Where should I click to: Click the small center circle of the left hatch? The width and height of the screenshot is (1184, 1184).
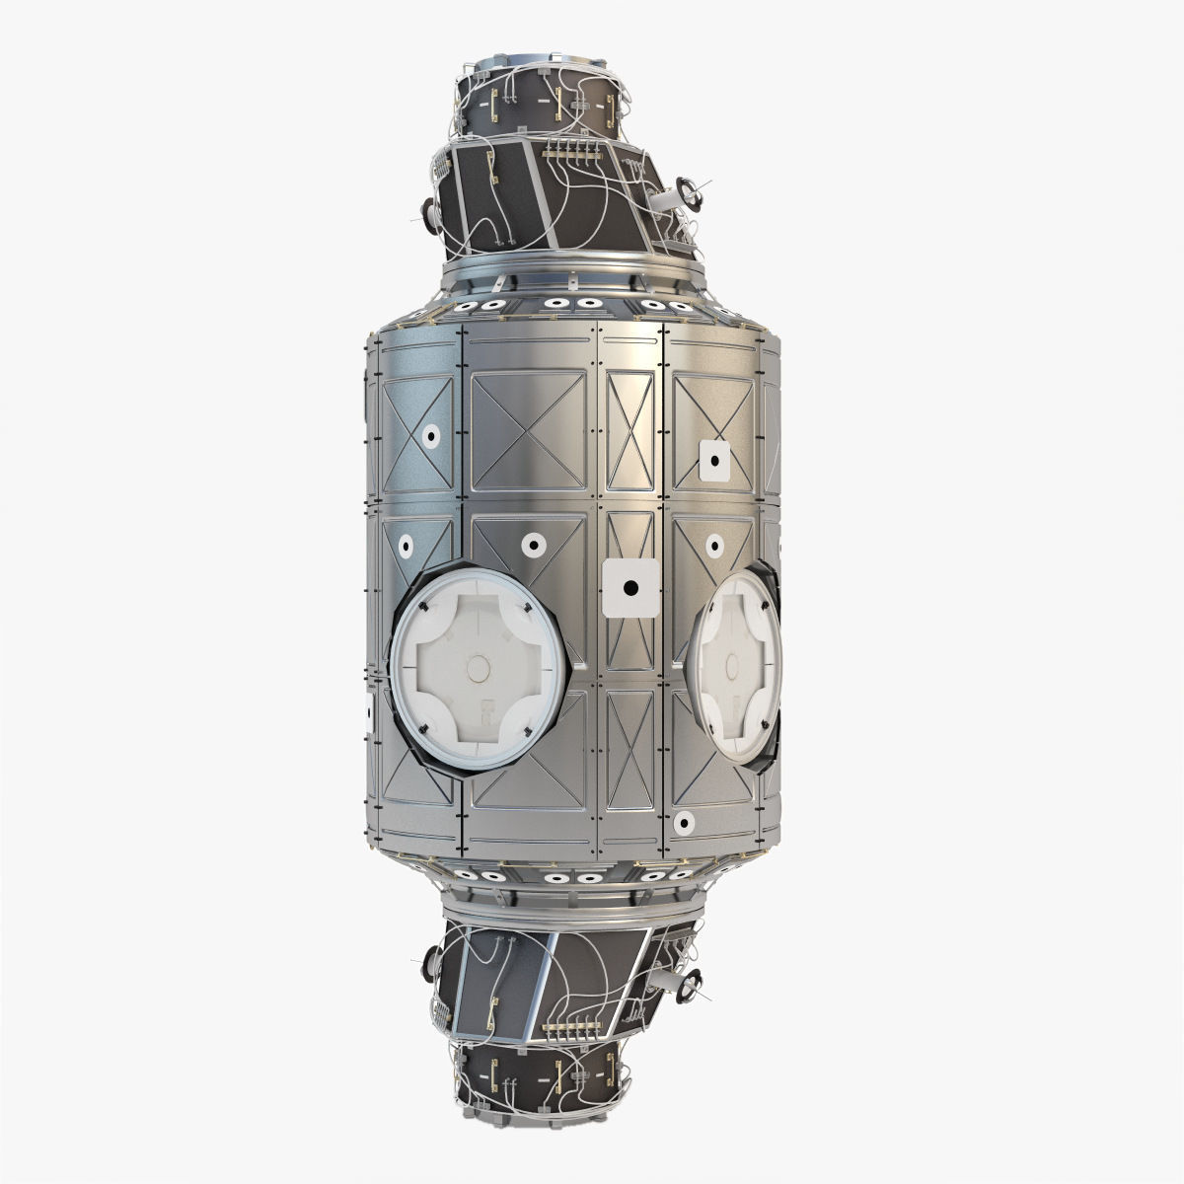coord(478,668)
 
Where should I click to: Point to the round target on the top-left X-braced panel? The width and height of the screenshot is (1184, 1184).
coord(431,435)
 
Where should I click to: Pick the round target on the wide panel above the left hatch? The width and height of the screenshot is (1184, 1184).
coord(534,542)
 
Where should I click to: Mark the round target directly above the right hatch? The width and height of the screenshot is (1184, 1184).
coord(712,544)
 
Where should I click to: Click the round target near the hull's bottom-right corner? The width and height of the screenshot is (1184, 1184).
coord(683,821)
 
